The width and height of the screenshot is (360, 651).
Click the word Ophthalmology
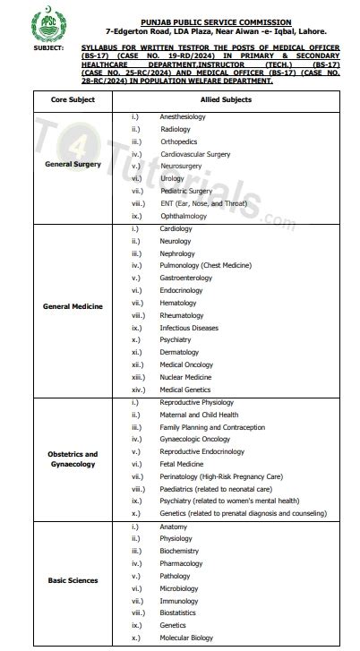pos(184,216)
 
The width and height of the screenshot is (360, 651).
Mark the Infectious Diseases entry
pos(189,328)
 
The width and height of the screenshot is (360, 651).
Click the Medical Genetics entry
pos(185,390)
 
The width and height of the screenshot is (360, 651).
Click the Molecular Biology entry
pos(187,638)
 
